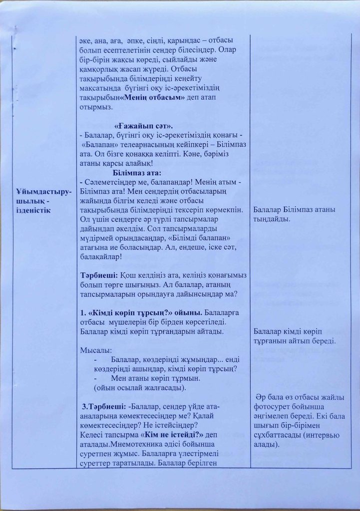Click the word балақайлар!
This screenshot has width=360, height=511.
pos(100,256)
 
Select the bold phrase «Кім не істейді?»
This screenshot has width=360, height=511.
pos(169,435)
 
